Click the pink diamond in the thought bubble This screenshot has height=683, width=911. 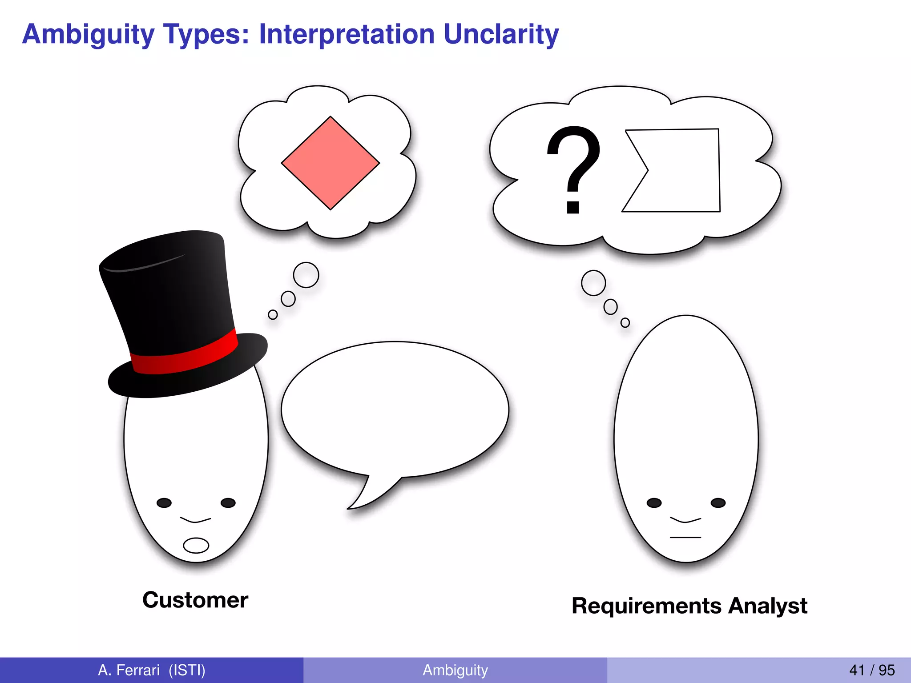330,163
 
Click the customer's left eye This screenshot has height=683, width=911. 164,503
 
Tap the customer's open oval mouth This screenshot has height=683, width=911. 196,545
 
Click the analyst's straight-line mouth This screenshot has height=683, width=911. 685,538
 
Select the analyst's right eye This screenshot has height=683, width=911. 718,503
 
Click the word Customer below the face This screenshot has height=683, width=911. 195,600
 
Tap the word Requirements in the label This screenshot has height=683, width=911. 647,606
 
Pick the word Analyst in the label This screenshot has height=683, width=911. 767,606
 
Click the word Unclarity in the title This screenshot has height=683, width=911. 501,34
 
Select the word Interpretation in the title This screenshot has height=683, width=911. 347,34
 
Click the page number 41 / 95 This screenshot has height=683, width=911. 872,670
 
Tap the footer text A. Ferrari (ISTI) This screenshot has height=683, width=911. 152,670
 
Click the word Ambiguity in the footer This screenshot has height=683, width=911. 455,670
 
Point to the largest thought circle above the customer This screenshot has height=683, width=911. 306,275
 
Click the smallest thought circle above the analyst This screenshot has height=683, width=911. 625,322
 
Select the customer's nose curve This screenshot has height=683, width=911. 195,520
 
